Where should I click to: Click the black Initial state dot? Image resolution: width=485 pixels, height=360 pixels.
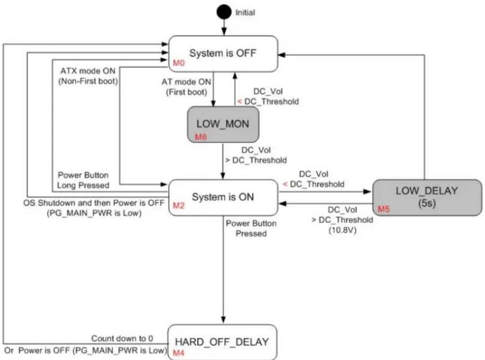224,12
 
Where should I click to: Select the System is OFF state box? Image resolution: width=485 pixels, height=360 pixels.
223,54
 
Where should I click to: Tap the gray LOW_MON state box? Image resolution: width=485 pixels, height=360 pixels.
223,125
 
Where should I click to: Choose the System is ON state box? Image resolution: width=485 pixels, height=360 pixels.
223,197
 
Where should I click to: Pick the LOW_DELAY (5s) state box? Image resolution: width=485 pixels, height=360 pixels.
427,197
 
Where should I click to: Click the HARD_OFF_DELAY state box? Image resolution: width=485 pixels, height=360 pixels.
222,342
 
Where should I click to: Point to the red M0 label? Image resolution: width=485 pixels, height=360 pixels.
179,63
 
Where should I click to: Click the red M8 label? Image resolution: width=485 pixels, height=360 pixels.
201,137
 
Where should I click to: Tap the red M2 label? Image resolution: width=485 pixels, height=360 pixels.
179,205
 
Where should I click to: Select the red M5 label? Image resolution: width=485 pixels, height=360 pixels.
384,209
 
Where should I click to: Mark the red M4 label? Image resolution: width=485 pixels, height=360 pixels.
179,353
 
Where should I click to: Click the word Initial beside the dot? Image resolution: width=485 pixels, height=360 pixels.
245,13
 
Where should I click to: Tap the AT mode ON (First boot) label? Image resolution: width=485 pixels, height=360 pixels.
186,87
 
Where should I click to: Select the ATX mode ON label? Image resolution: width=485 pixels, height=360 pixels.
88,71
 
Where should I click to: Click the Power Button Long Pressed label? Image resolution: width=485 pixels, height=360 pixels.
83,180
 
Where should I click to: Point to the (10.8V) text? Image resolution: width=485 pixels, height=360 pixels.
342,230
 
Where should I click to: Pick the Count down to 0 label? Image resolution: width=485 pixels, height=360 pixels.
122,338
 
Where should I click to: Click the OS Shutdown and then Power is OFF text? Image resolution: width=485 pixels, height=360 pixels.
94,203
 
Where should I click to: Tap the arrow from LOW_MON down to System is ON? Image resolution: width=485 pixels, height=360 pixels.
223,161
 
